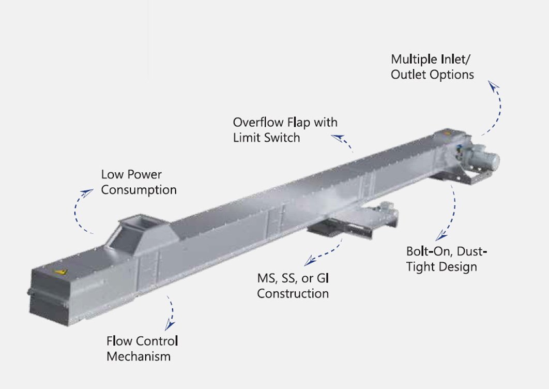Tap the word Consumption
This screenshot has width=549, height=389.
[x=139, y=190]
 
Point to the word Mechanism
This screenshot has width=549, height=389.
[x=138, y=356]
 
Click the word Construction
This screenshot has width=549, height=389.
[x=293, y=294]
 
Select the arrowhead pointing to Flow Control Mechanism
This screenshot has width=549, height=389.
[x=168, y=325]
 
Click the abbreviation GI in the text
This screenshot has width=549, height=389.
[x=323, y=279]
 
